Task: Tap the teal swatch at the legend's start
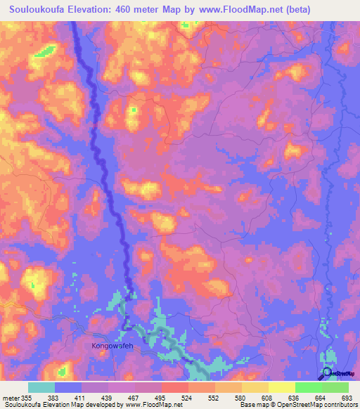click(x=41, y=387)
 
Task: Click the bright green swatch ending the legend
click(x=335, y=387)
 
